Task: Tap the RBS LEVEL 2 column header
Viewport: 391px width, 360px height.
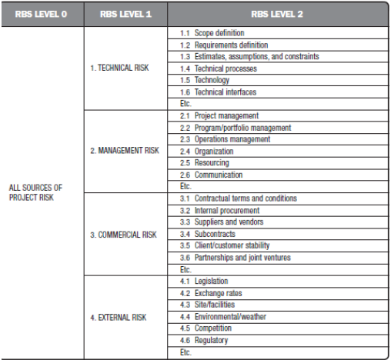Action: (276, 15)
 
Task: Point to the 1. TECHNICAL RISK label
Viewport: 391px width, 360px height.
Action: (119, 68)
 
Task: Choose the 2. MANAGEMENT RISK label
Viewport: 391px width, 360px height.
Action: (124, 151)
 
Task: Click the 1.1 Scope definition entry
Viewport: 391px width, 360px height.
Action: (212, 33)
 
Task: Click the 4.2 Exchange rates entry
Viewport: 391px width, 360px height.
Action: (211, 293)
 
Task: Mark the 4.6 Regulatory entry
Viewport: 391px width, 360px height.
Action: (205, 340)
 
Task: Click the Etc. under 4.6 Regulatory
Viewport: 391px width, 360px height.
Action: (185, 352)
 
